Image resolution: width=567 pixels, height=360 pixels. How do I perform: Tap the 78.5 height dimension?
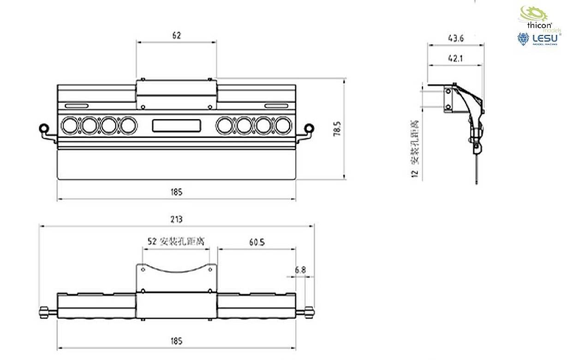point(337,129)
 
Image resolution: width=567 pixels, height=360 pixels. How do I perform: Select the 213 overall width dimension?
point(176,219)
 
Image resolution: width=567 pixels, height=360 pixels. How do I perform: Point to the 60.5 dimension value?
point(256,241)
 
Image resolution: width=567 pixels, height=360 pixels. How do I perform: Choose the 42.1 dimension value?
point(455,58)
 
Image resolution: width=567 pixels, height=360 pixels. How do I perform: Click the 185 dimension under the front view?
point(176,192)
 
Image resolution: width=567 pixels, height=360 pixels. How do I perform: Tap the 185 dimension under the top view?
point(176,341)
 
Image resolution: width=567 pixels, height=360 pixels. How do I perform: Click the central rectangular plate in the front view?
point(177,125)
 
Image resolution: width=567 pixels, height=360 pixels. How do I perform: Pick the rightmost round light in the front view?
point(283,125)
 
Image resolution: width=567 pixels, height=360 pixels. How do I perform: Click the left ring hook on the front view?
point(44,127)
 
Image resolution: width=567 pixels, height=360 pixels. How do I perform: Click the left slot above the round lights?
point(76,105)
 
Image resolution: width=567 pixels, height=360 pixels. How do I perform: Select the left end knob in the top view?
point(45,312)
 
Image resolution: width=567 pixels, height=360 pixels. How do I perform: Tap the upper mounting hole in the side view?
point(448,91)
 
